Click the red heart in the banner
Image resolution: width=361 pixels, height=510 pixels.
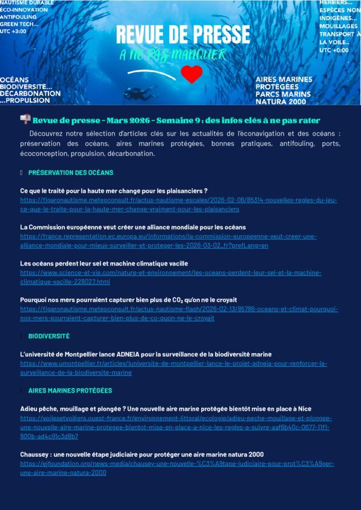click(192, 74)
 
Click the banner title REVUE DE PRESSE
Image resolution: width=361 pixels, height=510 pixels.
click(183, 34)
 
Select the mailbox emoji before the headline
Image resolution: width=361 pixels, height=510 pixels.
click(25, 120)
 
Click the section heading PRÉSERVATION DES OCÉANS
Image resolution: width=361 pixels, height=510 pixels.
click(70, 172)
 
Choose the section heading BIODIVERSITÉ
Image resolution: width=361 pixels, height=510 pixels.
click(48, 336)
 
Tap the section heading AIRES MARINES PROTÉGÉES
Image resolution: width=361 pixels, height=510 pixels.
click(70, 390)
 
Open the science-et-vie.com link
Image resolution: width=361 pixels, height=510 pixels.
click(170, 277)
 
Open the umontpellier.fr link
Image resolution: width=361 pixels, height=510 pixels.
click(173, 368)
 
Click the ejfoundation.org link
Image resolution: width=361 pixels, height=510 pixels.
click(177, 468)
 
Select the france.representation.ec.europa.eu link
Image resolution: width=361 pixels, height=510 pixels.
click(168, 241)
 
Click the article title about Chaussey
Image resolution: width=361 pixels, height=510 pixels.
click(142, 454)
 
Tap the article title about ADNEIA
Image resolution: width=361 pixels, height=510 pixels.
click(146, 354)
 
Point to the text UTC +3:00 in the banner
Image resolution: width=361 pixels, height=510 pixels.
click(13, 31)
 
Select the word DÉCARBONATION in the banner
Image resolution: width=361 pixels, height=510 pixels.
click(30, 94)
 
